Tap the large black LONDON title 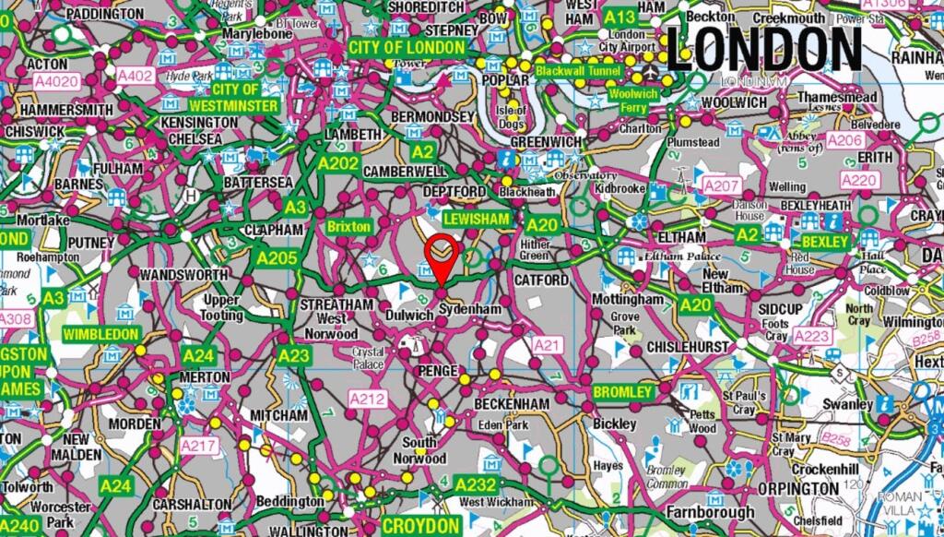point(763,48)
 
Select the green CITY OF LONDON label point(406,47)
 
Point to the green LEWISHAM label point(476,219)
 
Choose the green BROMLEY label point(623,392)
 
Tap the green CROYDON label point(420,525)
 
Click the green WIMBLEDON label point(100,334)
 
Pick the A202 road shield point(338,163)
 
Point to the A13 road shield point(620,17)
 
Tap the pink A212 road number point(366,398)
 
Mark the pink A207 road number point(721,186)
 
